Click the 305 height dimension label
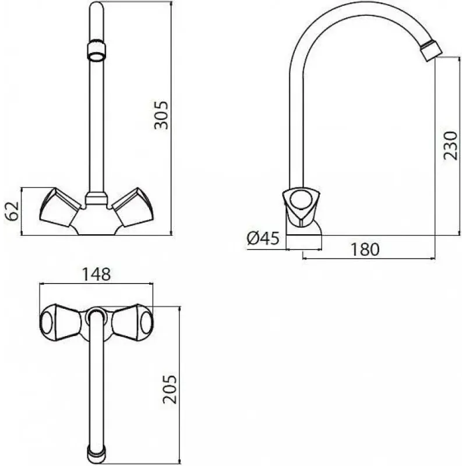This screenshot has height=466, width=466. (161, 115)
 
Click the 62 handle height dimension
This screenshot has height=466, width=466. (12, 211)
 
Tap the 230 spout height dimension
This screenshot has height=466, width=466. (450, 145)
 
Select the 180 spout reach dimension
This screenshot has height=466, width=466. (365, 250)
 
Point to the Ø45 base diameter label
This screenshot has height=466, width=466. (263, 238)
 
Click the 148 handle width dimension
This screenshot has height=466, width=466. (96, 274)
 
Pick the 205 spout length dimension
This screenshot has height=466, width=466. (170, 389)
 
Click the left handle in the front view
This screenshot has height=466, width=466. (59, 207)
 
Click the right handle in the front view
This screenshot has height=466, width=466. (133, 207)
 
